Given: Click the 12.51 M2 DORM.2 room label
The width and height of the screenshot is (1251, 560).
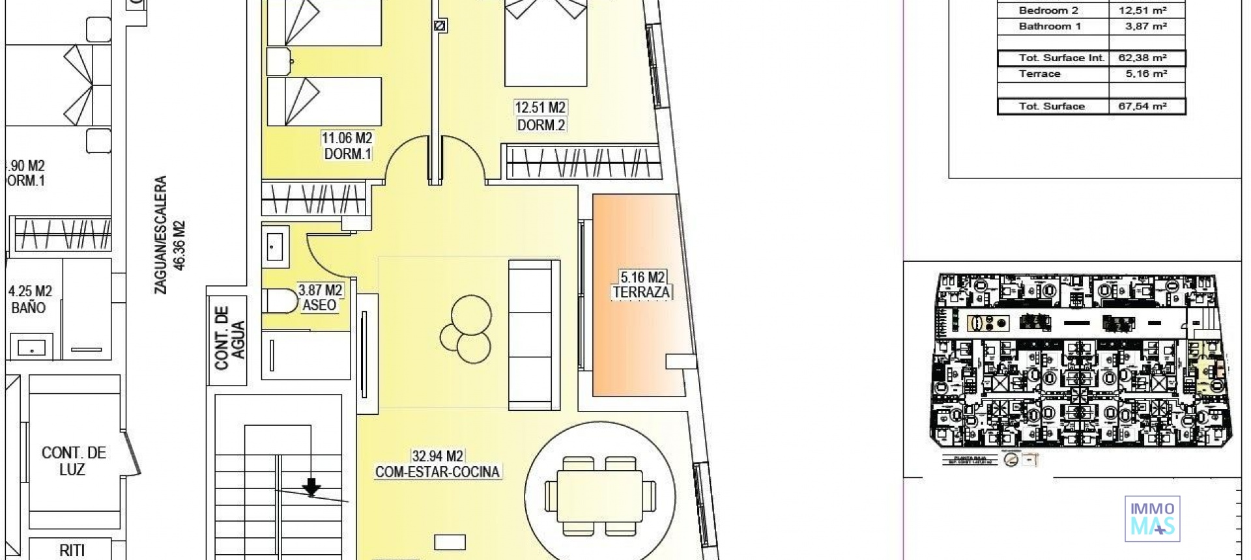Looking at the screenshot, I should (540, 116).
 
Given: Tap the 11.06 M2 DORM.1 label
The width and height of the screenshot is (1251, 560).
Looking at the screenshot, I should (347, 146).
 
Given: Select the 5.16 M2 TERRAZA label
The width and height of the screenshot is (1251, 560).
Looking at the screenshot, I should (641, 285).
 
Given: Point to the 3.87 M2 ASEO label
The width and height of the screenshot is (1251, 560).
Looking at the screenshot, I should (319, 297).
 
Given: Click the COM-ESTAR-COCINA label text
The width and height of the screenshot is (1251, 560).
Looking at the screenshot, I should (437, 472).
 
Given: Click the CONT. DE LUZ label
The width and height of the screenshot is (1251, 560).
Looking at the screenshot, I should (73, 460).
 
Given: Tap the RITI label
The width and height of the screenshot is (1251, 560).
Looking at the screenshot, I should (72, 550).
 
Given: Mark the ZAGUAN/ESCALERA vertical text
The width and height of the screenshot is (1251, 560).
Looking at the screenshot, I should (169, 234).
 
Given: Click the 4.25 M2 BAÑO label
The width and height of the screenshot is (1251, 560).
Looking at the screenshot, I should (29, 300).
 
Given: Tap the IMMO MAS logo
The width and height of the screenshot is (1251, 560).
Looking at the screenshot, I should (1152, 519).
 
